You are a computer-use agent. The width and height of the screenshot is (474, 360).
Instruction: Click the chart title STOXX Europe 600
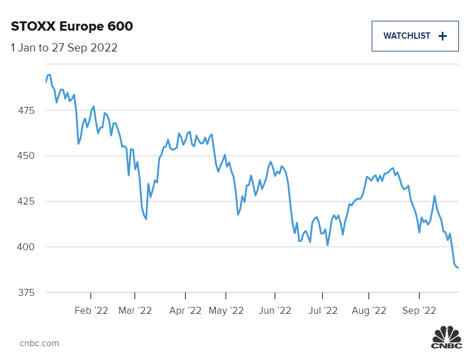[72, 27]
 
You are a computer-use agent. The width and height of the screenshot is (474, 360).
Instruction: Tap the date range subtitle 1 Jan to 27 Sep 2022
[64, 48]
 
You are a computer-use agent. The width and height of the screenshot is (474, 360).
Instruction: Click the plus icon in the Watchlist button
[443, 36]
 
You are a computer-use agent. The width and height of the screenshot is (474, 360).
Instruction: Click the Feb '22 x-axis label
[91, 311]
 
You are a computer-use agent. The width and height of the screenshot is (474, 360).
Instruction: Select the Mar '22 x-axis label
[135, 311]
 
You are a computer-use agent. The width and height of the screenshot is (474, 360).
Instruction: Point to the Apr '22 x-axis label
[185, 311]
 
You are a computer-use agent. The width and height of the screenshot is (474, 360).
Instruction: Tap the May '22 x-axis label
[226, 311]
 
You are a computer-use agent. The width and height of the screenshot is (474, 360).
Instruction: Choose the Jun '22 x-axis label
[275, 311]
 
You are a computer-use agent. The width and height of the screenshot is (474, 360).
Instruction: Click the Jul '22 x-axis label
[322, 311]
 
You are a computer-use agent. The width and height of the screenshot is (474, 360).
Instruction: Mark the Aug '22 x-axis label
[369, 311]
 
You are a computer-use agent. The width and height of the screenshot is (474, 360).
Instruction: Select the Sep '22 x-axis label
[419, 311]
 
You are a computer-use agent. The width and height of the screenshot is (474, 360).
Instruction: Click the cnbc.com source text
[39, 343]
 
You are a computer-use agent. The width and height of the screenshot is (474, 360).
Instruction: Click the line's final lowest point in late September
[458, 268]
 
